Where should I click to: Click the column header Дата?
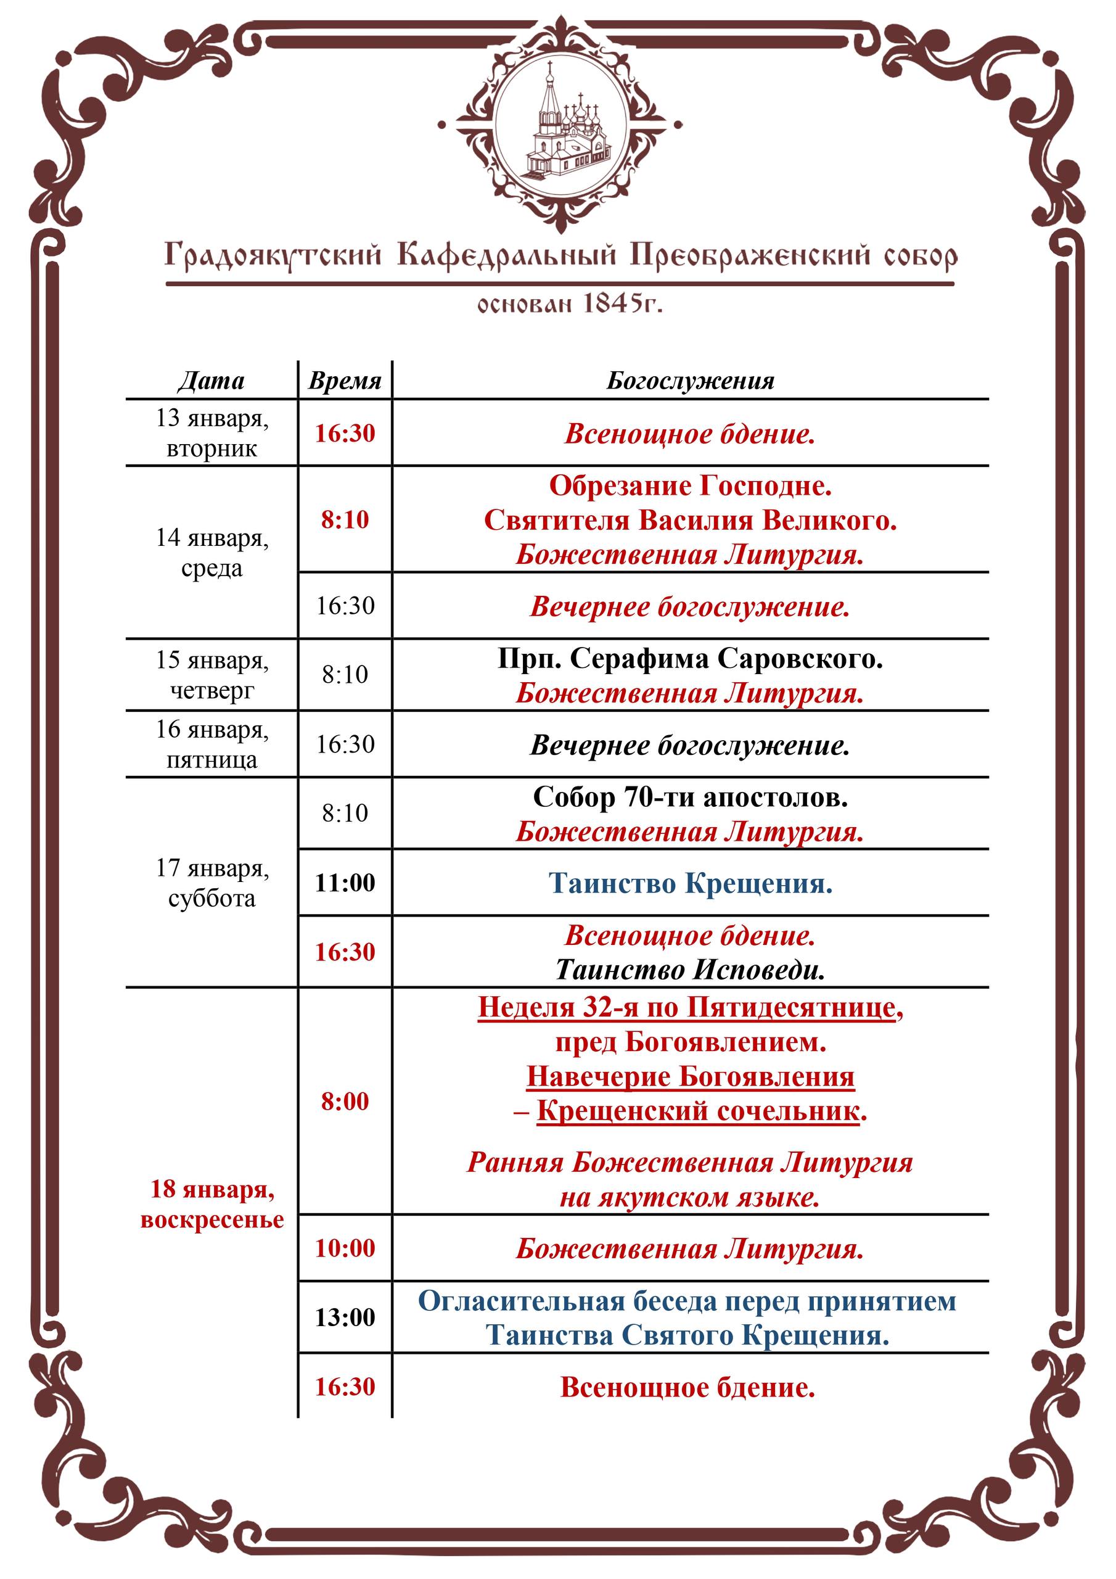coord(211,381)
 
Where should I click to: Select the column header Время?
coord(345,381)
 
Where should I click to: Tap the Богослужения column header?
coord(690,381)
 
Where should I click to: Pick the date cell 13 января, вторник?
coord(211,432)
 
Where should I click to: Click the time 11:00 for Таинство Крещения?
coord(345,883)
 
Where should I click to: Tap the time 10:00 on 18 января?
coord(345,1248)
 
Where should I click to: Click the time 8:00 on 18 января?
coord(345,1101)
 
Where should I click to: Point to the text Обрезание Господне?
coord(690,485)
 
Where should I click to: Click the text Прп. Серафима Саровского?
coord(690,659)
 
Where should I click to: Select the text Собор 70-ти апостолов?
coord(690,797)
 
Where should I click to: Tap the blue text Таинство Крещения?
coord(690,883)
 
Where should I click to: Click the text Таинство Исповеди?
coord(690,970)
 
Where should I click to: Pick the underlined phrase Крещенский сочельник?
coord(698,1111)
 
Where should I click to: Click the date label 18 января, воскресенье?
coord(211,1203)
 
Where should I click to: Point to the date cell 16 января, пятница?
coord(211,744)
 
